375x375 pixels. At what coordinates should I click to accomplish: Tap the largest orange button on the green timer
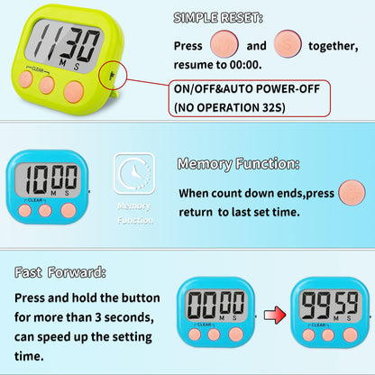[x=74, y=89]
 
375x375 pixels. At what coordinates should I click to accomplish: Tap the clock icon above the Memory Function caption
[x=134, y=174]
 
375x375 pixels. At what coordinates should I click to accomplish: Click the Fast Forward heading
[x=59, y=271]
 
